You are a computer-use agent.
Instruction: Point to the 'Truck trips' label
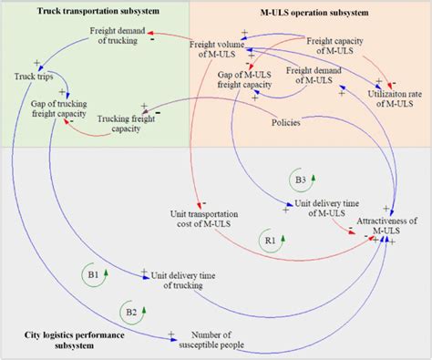coord(33,77)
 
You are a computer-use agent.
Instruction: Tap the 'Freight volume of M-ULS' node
coord(220,48)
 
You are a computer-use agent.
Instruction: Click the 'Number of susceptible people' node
coord(220,339)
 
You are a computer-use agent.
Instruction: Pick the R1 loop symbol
coord(270,242)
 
